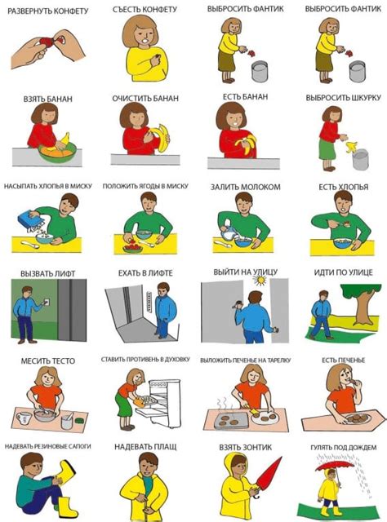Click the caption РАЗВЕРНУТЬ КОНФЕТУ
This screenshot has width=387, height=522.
48,11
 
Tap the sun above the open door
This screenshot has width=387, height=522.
260,280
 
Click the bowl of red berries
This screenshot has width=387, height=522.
132,247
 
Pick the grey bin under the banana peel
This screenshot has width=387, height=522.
360,160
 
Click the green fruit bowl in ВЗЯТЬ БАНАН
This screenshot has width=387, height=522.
56,153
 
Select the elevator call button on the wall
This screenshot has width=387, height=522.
47,302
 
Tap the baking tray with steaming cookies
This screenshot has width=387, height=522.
231,421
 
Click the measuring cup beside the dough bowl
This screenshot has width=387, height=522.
24,418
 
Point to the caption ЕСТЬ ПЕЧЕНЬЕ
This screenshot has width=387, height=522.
344,361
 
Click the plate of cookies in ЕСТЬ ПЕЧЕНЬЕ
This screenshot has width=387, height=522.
358,418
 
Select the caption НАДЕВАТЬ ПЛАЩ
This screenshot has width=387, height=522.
145,447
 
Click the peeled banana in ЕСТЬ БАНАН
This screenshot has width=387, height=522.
246,144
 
